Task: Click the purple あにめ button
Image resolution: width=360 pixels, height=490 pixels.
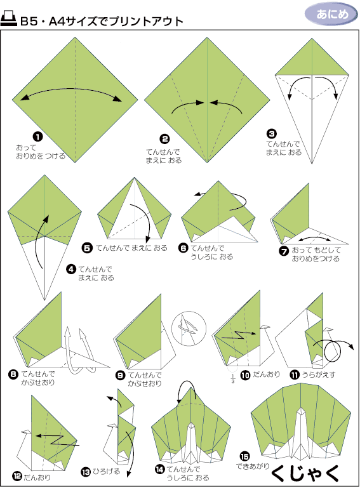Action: tap(331, 14)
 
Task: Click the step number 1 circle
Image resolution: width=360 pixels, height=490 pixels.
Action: tap(37, 136)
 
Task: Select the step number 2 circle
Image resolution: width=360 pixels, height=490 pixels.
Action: tap(164, 139)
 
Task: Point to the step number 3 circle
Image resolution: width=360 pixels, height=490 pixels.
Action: tap(271, 134)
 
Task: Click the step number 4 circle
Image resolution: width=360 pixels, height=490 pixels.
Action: tap(71, 269)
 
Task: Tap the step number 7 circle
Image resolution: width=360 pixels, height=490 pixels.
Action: tap(283, 251)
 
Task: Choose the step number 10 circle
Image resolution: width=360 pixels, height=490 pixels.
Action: tap(246, 375)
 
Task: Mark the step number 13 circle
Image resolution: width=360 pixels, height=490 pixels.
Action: tap(86, 472)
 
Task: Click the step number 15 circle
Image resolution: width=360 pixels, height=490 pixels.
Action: tap(244, 456)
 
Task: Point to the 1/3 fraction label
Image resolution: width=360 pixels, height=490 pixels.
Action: tap(233, 379)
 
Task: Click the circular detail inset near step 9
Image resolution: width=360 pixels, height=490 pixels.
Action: tap(189, 328)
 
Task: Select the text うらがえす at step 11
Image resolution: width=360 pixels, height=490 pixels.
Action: tap(319, 374)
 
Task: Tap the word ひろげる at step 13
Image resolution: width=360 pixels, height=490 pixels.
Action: tap(106, 472)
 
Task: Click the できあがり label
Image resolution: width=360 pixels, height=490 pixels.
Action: tap(253, 467)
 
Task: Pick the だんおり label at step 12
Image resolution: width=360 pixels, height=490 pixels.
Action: tap(37, 477)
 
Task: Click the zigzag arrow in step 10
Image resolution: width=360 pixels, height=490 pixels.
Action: tap(240, 336)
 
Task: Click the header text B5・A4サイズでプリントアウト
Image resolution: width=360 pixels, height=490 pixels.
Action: tap(102, 21)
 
